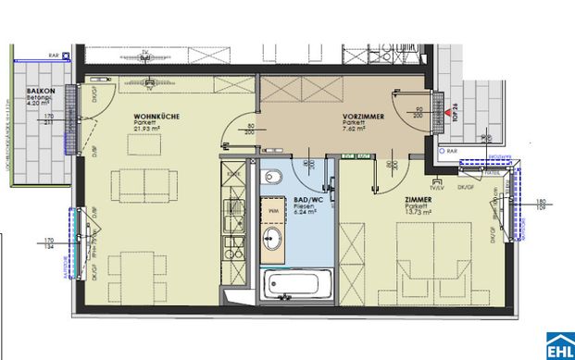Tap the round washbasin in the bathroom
[274, 241]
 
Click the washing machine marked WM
[274, 209]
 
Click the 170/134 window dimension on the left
[48, 244]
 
